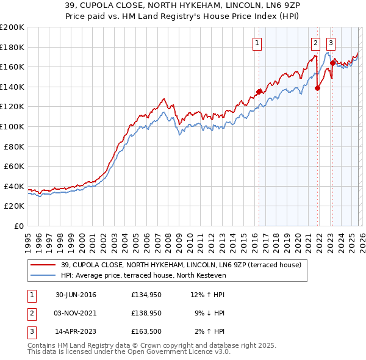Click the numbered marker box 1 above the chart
coord(257,43)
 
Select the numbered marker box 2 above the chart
coord(315,43)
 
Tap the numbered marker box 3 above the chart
coord(331,43)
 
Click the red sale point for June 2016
coord(259,92)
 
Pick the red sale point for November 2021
coord(318,88)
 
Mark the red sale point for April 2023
coord(332,63)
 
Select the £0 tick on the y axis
coord(18,226)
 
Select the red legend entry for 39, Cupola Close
coord(177,265)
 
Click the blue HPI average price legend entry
coord(143,275)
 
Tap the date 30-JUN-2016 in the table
coord(76,295)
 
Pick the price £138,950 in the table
coord(145,313)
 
